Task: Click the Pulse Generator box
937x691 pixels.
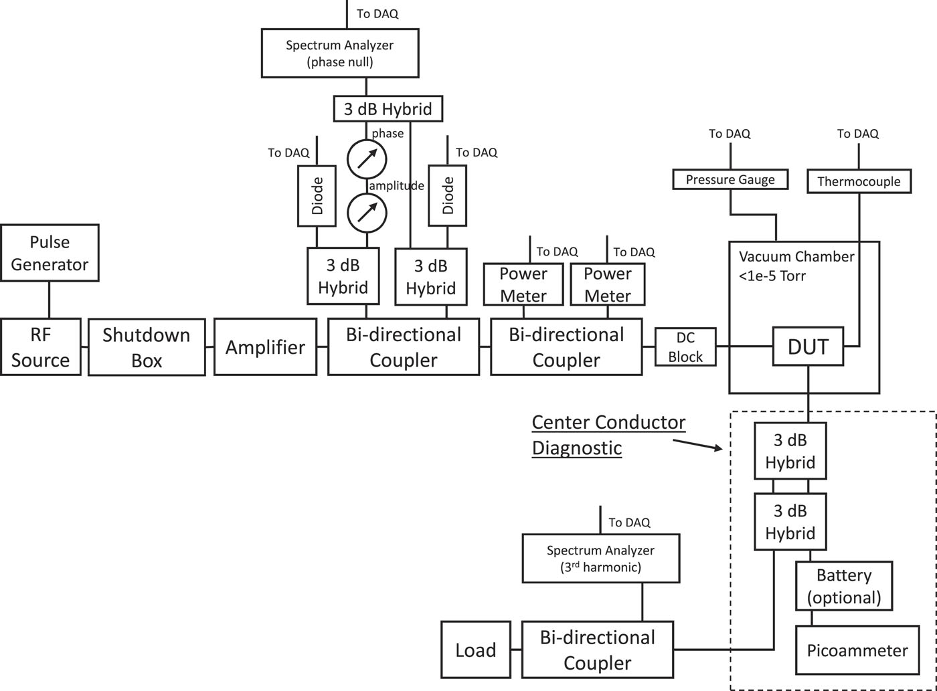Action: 50,253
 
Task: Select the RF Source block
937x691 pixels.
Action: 41,347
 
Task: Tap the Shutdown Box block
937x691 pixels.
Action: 147,347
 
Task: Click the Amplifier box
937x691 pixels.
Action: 265,347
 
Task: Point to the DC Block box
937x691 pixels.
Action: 685,347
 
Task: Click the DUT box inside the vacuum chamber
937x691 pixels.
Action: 808,347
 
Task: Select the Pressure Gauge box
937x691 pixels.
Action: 730,179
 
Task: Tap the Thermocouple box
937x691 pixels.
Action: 859,181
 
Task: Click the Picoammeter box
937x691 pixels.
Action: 857,650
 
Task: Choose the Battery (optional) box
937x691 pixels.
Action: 844,586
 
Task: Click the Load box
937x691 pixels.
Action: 476,650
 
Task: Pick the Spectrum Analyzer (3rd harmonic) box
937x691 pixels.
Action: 601,559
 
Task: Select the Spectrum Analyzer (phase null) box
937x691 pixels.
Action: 340,54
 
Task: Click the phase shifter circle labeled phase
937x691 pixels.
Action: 367,159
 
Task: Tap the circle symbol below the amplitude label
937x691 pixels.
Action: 367,213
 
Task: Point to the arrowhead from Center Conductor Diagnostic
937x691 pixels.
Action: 719,448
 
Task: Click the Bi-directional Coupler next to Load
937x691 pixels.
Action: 598,650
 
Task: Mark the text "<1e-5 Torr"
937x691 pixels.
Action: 772,276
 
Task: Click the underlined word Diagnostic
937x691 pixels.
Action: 577,448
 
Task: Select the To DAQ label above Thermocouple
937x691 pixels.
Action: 857,134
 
